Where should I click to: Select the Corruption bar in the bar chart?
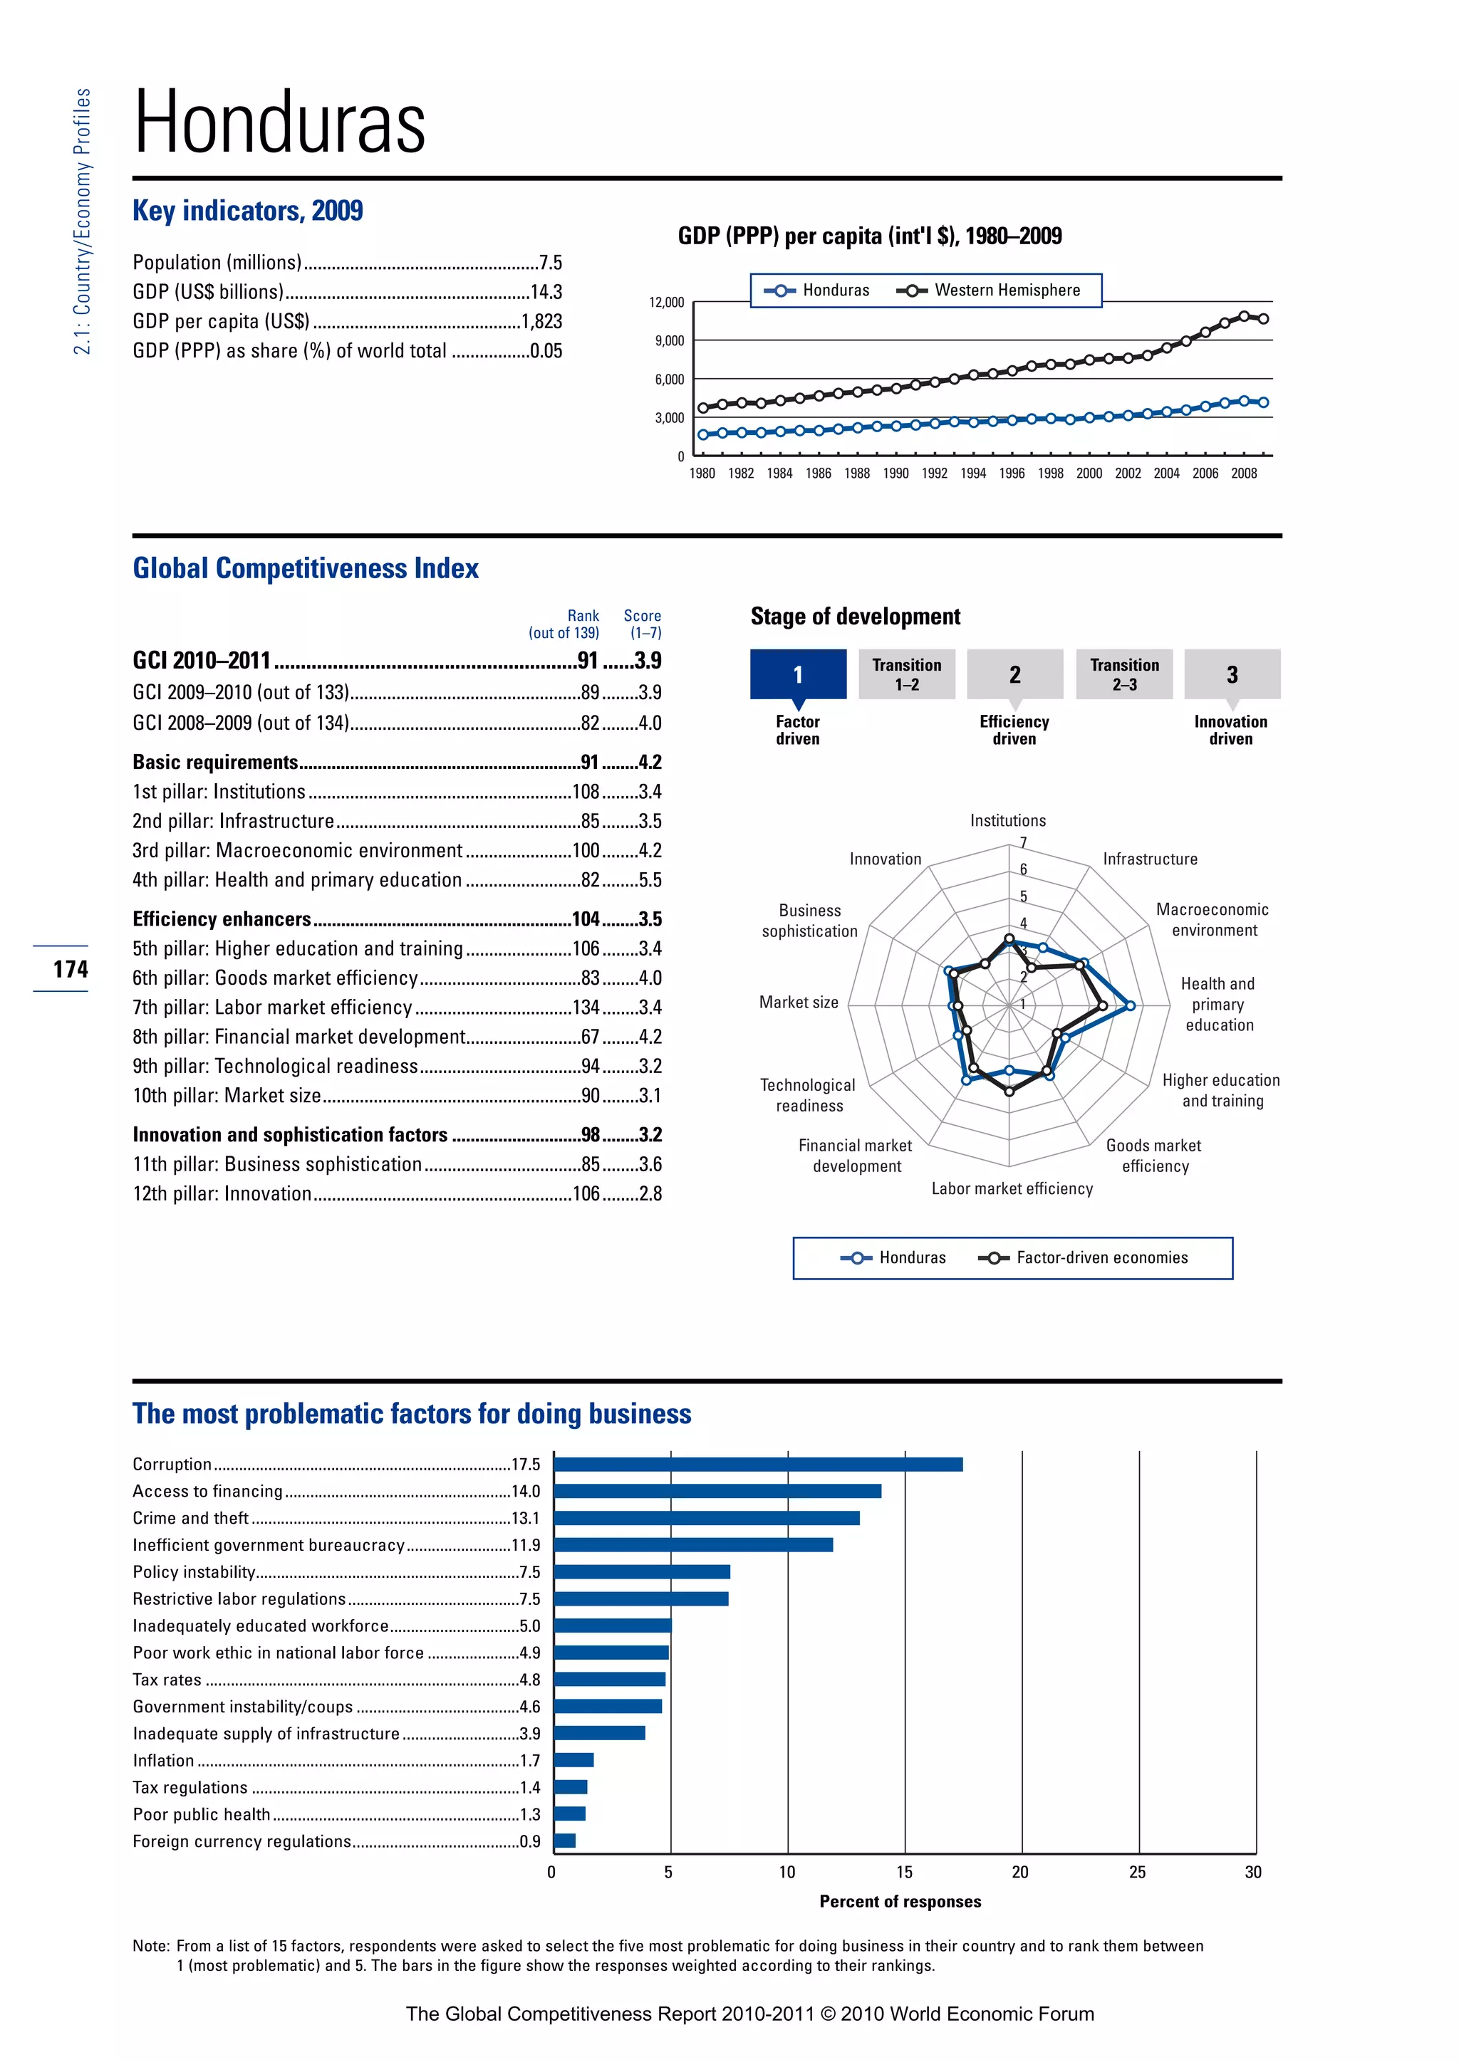pos(757,1465)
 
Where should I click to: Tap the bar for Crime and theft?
pos(706,1519)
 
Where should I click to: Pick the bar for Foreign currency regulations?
pos(564,1841)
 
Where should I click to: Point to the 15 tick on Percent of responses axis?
pos(904,1873)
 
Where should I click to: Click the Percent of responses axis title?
pos(900,1901)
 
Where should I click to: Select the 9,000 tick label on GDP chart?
pos(670,341)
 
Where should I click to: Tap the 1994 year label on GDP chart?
pos(973,473)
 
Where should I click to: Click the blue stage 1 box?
pos(798,674)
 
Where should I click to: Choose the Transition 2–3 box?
pos(1124,674)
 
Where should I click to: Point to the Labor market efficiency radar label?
pos(1012,1189)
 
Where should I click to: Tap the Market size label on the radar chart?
pos(799,1003)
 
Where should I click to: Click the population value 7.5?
pos(550,263)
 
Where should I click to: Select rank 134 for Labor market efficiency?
pos(586,1008)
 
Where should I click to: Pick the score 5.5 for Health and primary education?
pos(650,880)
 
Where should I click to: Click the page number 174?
pos(70,969)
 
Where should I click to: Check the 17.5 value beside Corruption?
pos(526,1465)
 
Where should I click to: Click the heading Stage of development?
pos(856,617)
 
